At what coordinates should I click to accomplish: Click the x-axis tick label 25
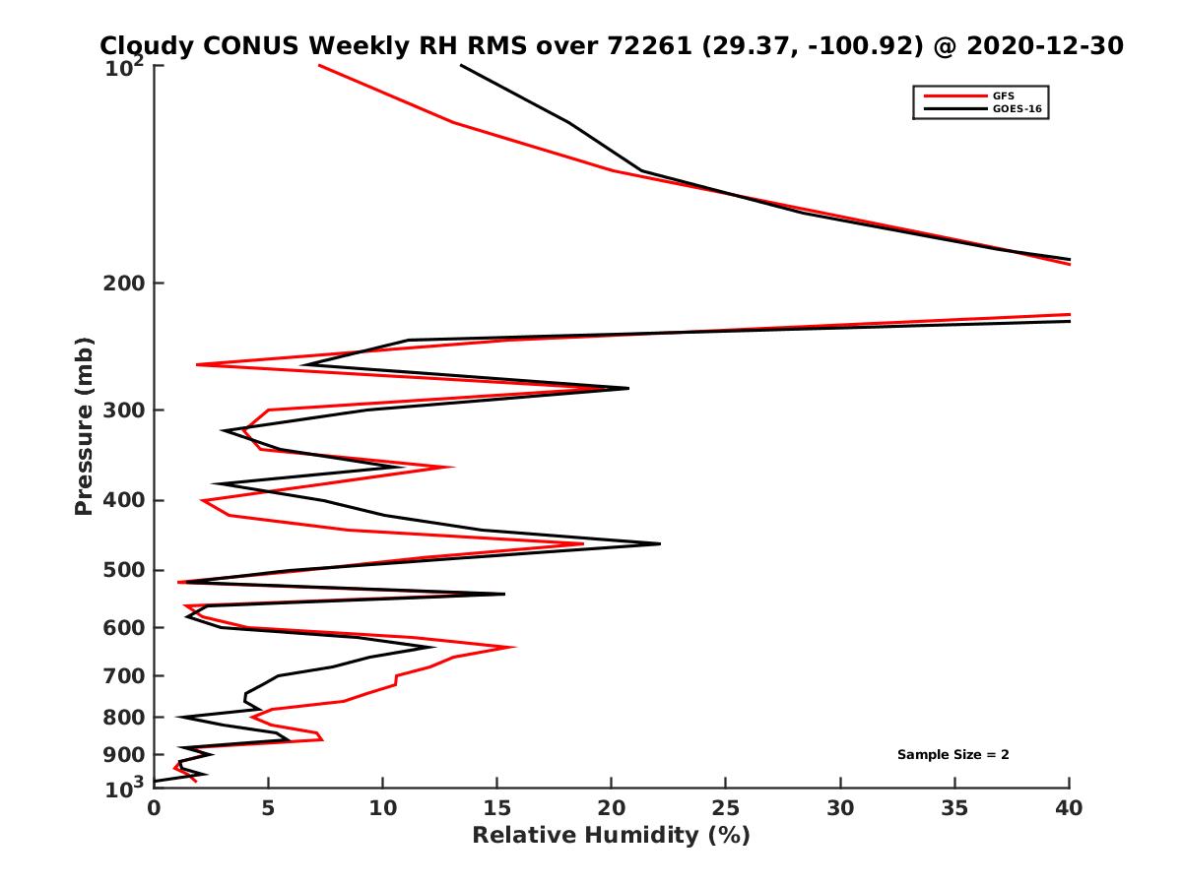coord(726,809)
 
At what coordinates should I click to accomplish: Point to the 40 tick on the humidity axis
coord(1069,809)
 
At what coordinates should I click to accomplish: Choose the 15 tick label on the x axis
coord(496,809)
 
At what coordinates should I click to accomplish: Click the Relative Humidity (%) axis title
coord(611,837)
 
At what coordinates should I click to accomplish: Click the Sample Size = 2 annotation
coord(952,755)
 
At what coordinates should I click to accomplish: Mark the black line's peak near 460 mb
coord(660,543)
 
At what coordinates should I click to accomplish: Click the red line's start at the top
coord(319,65)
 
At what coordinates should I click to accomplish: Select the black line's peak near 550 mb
coord(504,594)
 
